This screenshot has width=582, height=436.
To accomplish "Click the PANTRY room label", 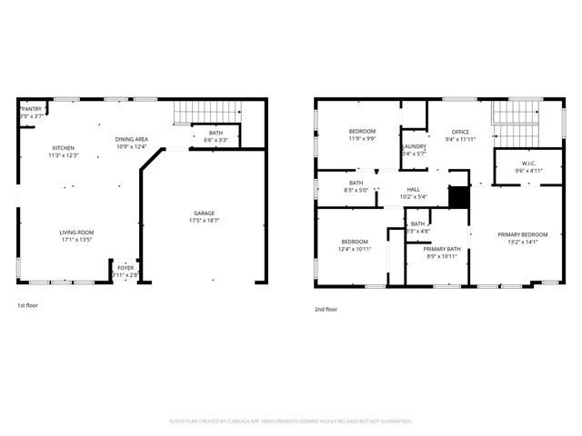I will click(33, 109).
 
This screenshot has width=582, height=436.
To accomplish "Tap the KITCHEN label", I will click(64, 148).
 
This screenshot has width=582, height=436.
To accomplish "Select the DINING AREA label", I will click(131, 139).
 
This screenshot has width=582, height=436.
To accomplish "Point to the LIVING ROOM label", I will click(77, 233).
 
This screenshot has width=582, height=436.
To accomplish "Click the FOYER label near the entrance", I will click(125, 268).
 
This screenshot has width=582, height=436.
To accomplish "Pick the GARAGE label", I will click(205, 213).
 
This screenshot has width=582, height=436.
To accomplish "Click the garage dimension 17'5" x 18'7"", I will click(205, 221).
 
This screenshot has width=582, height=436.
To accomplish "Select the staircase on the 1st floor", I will click(208, 112).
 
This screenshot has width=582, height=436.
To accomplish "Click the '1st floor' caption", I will click(28, 306).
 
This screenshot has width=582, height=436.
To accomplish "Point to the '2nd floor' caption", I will click(326, 309).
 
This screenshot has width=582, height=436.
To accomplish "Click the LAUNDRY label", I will click(414, 147).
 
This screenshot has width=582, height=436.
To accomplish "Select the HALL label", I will click(414, 190).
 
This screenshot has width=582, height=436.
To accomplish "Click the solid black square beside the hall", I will click(460, 197).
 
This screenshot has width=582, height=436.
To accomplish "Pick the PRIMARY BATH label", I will click(442, 249).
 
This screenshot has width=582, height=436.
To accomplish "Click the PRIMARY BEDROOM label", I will click(522, 234).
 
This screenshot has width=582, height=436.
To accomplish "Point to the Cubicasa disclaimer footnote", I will click(291, 421).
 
